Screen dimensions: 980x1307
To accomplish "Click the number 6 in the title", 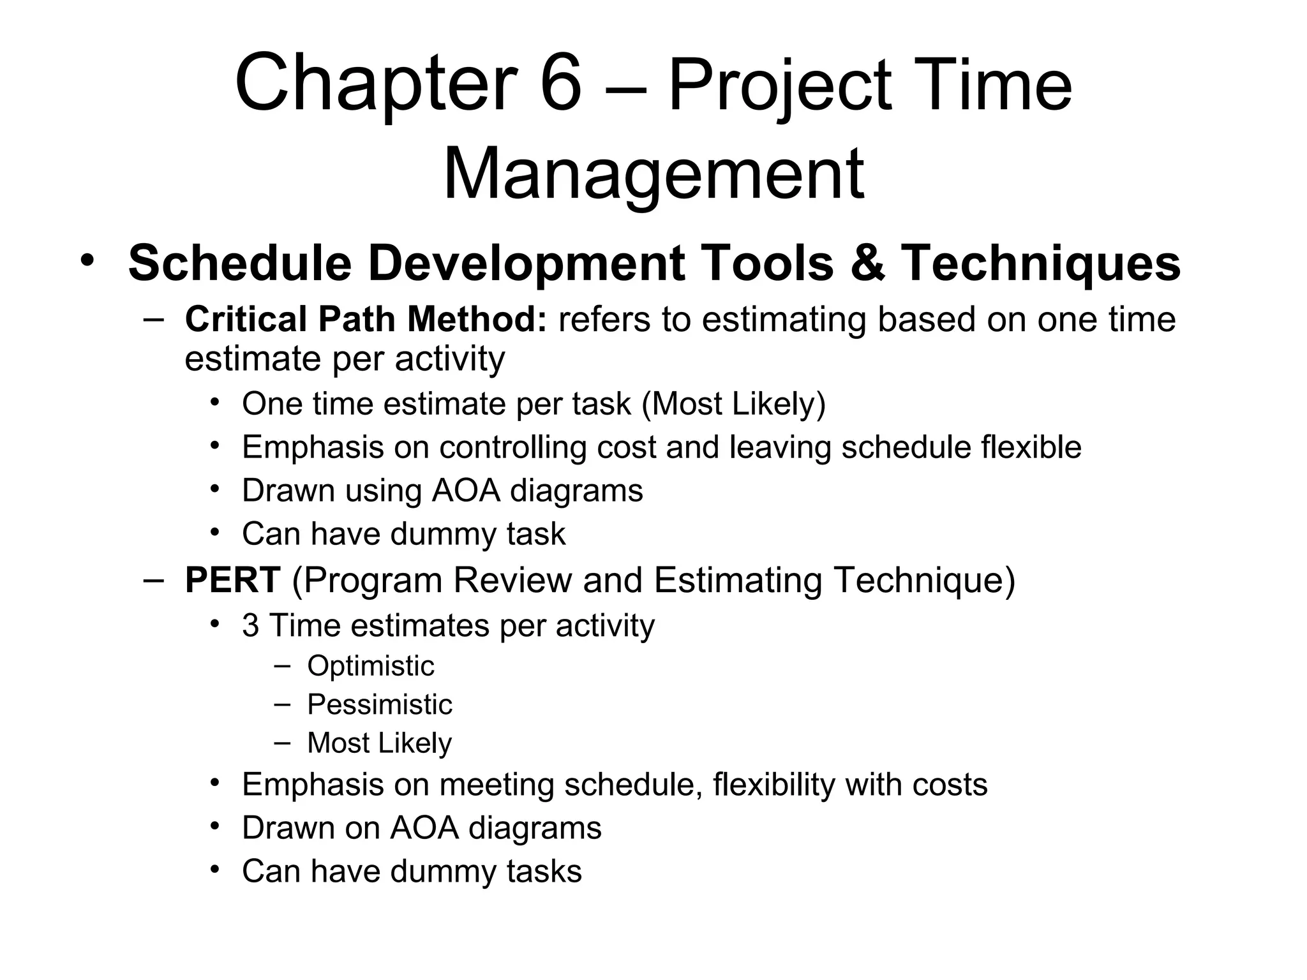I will tap(561, 84).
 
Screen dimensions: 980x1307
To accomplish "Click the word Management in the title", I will tap(653, 174).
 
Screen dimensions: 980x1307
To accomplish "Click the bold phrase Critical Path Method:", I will tap(366, 319).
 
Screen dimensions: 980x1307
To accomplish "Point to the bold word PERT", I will tap(232, 580).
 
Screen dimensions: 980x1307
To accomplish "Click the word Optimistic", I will tap(371, 666).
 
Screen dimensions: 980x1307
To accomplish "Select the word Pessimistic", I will tap(380, 705).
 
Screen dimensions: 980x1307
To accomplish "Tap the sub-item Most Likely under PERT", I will tap(380, 743).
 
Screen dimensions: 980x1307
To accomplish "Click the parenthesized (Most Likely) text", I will tap(733, 404).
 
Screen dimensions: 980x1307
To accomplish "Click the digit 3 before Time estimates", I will tap(250, 625).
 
